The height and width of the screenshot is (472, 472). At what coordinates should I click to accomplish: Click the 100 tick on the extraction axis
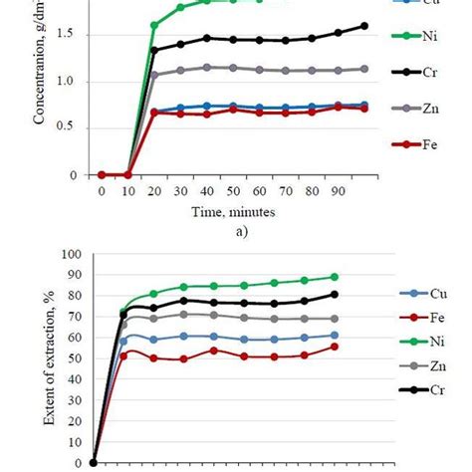click(x=72, y=254)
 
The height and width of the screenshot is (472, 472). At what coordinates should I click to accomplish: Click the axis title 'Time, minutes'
click(x=231, y=211)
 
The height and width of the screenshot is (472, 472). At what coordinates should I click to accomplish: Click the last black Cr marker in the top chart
click(x=364, y=26)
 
